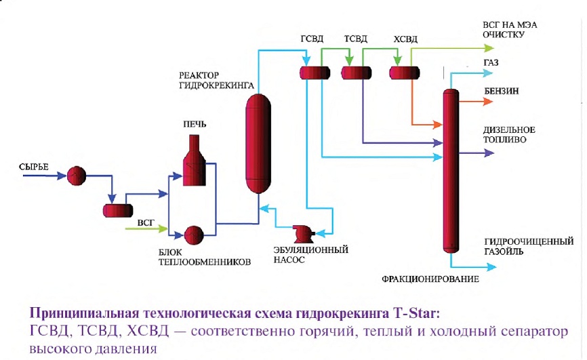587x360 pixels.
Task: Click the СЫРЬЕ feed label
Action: tap(34, 167)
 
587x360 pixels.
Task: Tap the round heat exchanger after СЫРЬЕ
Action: tap(77, 176)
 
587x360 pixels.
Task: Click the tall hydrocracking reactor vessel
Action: tap(258, 144)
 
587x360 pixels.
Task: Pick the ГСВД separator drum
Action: tap(315, 73)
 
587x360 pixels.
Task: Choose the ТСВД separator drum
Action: tap(356, 73)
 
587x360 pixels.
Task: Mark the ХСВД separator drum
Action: tap(404, 73)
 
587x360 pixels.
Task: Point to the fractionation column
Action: tap(451, 171)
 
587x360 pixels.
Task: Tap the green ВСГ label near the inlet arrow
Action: tap(146, 223)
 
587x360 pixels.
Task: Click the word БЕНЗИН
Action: tap(502, 92)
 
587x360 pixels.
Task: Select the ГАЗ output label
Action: tap(491, 63)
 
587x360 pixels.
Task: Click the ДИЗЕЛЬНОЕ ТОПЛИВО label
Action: tap(509, 135)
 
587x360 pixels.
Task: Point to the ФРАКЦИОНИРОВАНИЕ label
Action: tap(430, 279)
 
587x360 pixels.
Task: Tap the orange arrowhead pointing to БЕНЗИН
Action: tap(488, 102)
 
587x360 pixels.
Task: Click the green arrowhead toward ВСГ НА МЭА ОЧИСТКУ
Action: tap(489, 48)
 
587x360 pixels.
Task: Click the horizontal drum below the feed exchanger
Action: tap(118, 210)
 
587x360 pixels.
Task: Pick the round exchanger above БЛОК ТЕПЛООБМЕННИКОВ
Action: tap(194, 235)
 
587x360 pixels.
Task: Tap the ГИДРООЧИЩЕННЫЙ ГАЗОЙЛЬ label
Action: tap(529, 246)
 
